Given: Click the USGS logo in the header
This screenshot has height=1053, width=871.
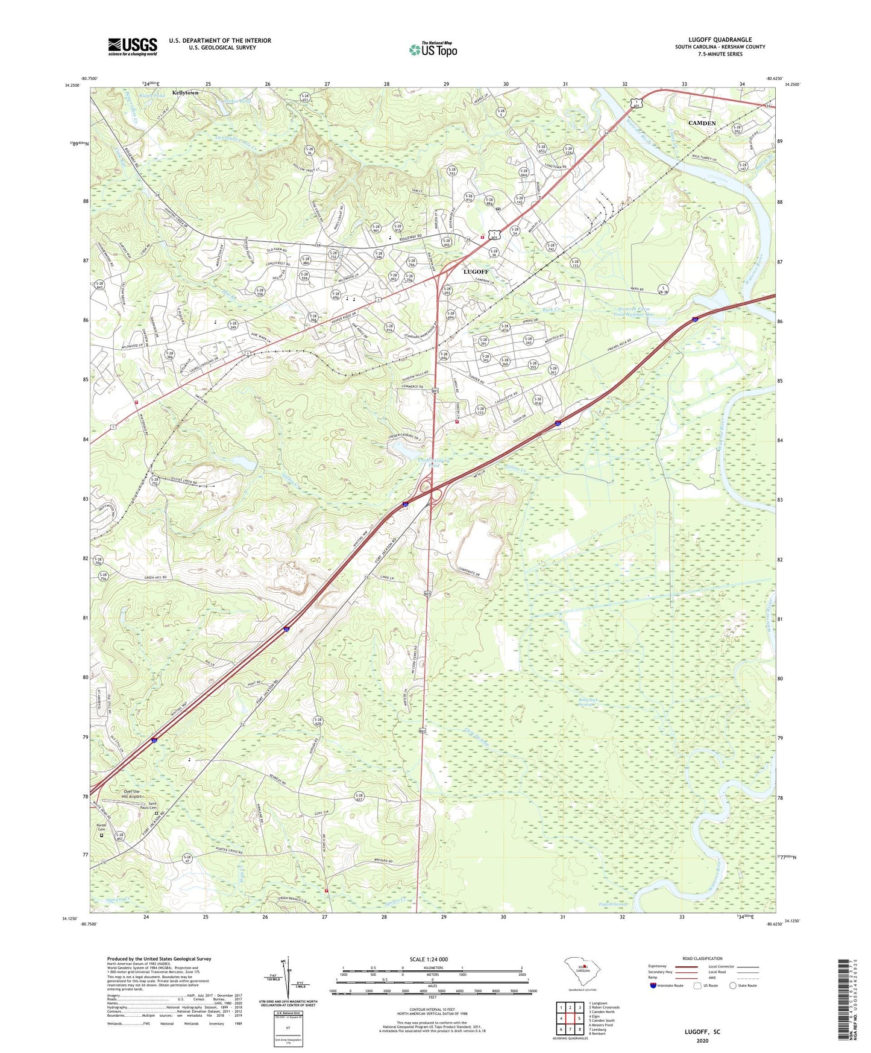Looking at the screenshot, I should click(133, 46).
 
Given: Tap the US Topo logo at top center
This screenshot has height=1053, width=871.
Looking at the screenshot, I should click(433, 49).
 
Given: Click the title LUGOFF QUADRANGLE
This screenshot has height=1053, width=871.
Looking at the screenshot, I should click(720, 40).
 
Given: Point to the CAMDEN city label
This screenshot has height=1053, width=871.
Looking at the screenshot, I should click(702, 123).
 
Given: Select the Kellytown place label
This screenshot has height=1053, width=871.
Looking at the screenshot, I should click(185, 93).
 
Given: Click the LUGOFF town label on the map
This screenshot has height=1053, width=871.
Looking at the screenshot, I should click(476, 272).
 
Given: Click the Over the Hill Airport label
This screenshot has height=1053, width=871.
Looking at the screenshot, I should click(131, 794).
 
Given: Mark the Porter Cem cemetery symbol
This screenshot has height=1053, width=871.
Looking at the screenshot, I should click(101, 836).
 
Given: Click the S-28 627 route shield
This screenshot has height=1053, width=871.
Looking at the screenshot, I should click(359, 797).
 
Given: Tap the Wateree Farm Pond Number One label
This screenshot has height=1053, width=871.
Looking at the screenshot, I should click(631, 312).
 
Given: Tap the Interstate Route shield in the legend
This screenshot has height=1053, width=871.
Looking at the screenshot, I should click(653, 985).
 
